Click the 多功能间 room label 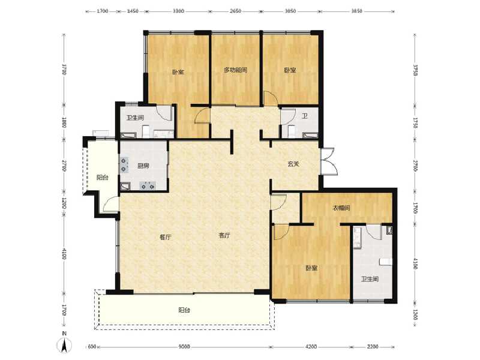[x=235, y=70]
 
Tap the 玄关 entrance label [x=293, y=164]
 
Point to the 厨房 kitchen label [x=143, y=166]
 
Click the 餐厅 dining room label [x=166, y=236]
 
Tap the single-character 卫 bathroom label [x=304, y=117]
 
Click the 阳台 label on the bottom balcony [x=184, y=310]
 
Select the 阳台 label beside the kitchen [x=103, y=178]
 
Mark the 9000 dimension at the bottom [x=184, y=347]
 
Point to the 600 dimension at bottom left [x=92, y=347]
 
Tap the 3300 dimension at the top [x=178, y=11]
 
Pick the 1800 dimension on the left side [x=64, y=123]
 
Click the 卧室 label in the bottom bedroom [x=310, y=268]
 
